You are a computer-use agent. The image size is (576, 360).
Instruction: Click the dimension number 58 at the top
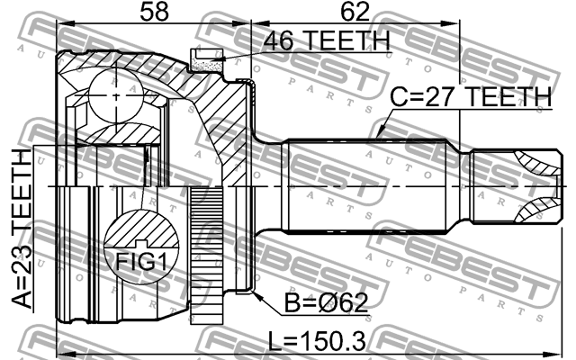click(x=154, y=11)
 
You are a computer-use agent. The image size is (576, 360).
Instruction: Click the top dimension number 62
click(x=355, y=11)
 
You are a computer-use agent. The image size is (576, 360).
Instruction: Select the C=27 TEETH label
click(x=471, y=96)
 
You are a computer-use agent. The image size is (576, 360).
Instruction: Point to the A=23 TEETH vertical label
click(x=22, y=229)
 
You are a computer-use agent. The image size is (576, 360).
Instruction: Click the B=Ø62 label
click(x=327, y=303)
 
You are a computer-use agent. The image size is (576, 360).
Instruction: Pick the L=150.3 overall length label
click(x=317, y=341)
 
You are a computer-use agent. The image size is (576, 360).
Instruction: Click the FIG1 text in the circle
click(x=141, y=262)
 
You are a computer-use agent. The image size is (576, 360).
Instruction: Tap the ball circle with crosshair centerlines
click(x=116, y=96)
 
